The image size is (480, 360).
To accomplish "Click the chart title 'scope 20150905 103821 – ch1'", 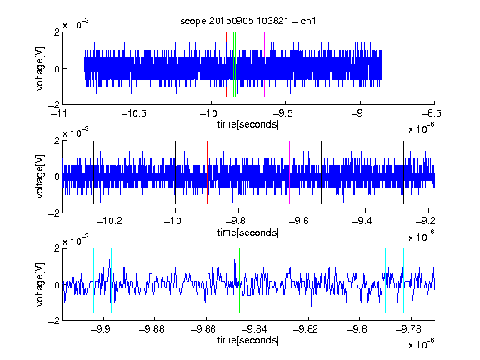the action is (x=247, y=21).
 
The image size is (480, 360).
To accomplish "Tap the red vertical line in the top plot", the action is (x=226, y=64).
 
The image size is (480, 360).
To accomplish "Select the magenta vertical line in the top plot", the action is (x=264, y=64).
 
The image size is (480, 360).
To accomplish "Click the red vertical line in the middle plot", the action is (x=207, y=172).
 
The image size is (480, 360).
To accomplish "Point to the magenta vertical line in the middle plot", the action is (x=290, y=172).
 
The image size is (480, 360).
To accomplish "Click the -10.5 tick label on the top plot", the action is (x=134, y=113).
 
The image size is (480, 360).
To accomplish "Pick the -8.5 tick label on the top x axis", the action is (x=432, y=113).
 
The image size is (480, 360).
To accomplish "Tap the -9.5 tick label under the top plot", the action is (x=282, y=113).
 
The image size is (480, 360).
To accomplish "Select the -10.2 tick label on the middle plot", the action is (x=109, y=221).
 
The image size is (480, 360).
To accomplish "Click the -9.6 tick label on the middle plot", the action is (x=298, y=221).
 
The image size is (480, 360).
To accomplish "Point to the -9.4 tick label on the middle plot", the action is (x=362, y=221).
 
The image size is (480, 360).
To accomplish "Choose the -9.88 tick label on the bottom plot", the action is (x=152, y=329).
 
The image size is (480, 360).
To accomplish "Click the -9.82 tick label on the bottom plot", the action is (x=306, y=329).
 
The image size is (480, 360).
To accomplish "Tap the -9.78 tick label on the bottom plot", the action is (x=408, y=329).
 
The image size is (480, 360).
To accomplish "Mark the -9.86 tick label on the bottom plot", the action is (x=203, y=329).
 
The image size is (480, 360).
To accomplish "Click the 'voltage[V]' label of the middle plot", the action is (x=40, y=176).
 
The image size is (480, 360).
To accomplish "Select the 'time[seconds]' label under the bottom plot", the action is (x=248, y=340).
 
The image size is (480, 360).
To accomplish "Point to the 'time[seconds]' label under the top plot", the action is (x=248, y=124).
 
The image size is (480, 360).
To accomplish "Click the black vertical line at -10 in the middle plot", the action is (x=175, y=172).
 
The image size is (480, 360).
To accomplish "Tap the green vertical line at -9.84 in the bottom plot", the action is (x=257, y=280).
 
